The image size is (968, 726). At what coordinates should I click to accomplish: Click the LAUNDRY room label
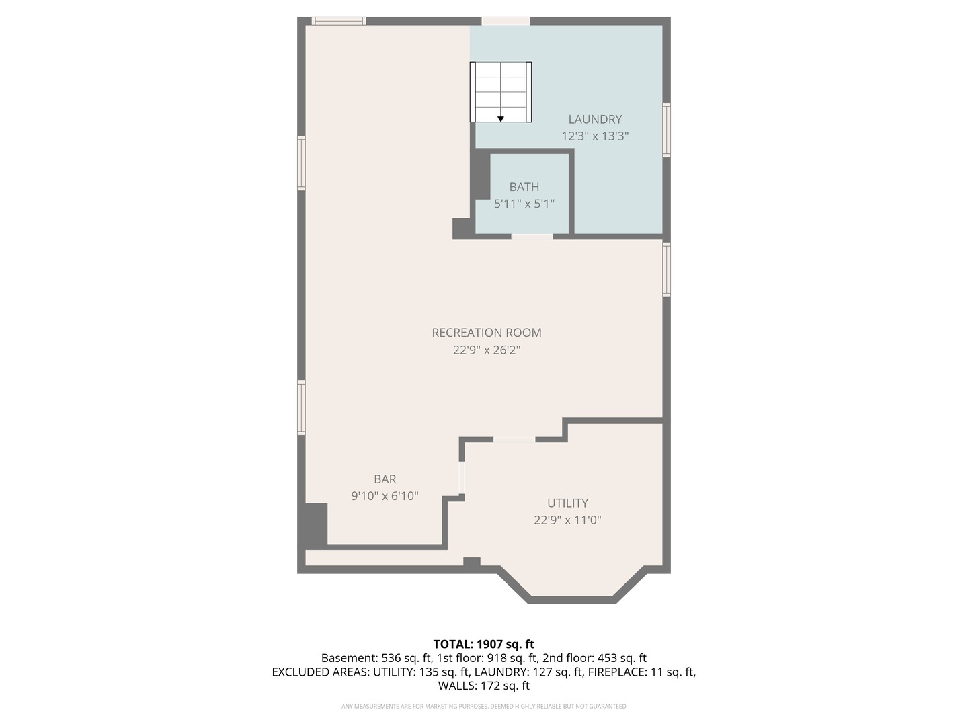[595, 119]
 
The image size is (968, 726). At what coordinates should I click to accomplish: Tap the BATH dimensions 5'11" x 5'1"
[524, 203]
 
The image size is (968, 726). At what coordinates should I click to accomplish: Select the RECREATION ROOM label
[486, 332]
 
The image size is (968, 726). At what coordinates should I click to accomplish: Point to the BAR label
[385, 479]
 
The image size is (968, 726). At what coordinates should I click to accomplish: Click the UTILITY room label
[567, 503]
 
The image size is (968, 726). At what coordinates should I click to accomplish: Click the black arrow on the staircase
[501, 119]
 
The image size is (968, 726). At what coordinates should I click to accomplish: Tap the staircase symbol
[501, 91]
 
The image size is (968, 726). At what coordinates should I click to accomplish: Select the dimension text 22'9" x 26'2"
[486, 350]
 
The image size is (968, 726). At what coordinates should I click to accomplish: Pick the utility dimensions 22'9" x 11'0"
[567, 520]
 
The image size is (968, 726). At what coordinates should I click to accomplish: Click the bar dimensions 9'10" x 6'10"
[385, 496]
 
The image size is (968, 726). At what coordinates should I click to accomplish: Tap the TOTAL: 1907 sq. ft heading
[483, 644]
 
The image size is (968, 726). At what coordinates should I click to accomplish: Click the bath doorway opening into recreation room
[532, 236]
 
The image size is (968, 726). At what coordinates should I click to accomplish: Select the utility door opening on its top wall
[514, 440]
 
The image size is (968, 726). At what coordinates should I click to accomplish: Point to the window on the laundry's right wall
[666, 130]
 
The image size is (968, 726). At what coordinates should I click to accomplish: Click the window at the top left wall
[339, 21]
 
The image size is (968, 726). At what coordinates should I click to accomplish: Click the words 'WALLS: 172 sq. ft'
[483, 686]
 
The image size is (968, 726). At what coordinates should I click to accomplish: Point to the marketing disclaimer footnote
[483, 706]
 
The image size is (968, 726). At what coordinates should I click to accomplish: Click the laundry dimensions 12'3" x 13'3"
[595, 136]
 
